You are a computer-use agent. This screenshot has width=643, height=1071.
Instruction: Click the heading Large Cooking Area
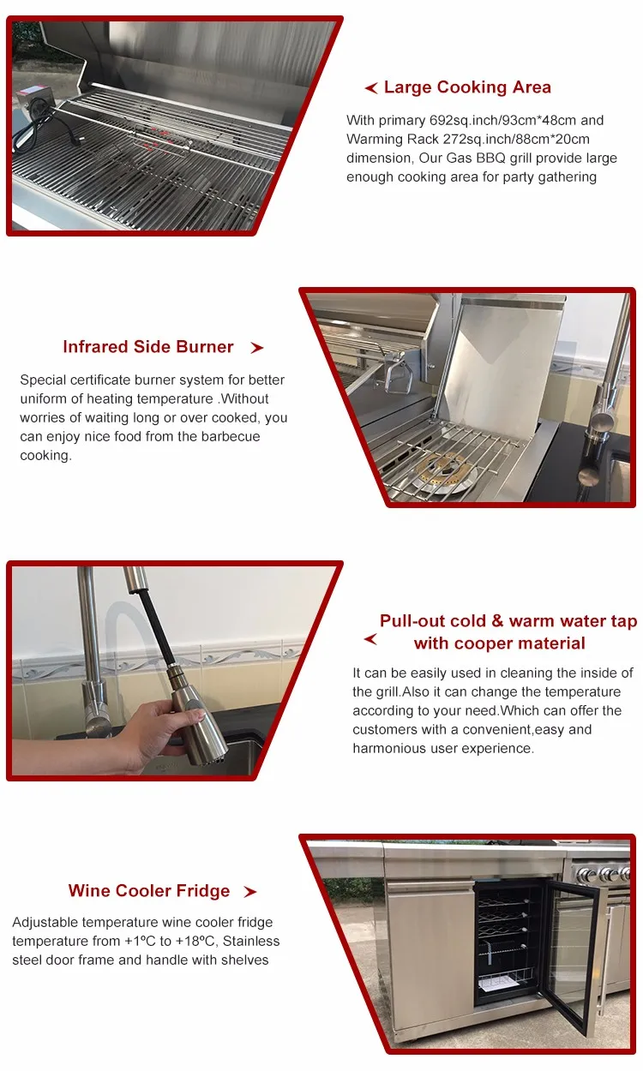(x=467, y=87)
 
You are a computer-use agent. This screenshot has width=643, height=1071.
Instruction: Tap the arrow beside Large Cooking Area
(x=371, y=88)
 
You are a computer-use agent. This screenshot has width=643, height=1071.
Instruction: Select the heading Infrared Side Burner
(x=148, y=347)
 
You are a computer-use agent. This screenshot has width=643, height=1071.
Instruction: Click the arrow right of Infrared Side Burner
(x=257, y=348)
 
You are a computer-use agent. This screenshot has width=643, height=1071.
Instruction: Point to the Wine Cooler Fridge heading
(x=149, y=891)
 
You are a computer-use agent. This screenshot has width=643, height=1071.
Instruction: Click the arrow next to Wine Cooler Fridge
(x=250, y=892)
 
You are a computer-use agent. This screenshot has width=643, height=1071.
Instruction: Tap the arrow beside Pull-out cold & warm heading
(x=370, y=639)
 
